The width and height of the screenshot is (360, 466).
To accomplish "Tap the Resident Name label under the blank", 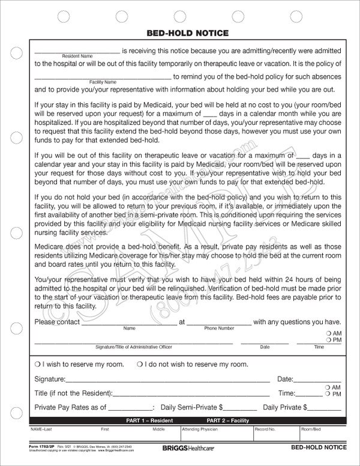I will [78, 56].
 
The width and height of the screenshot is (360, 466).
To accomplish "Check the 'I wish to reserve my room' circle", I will [37, 365].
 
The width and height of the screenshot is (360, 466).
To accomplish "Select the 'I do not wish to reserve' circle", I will [139, 365].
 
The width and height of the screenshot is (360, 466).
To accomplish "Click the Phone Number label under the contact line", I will [218, 328].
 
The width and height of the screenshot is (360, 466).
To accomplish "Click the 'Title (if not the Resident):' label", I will [73, 393].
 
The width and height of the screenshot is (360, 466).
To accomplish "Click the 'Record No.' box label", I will [265, 429].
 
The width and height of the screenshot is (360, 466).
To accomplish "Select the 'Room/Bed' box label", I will [311, 429].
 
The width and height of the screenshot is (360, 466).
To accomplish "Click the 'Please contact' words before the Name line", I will [58, 321].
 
